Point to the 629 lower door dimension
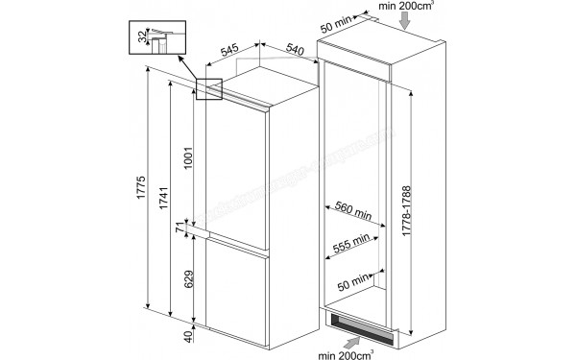tap(188, 280)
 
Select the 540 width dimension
tap(297, 49)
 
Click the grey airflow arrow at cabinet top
tap(408, 21)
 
